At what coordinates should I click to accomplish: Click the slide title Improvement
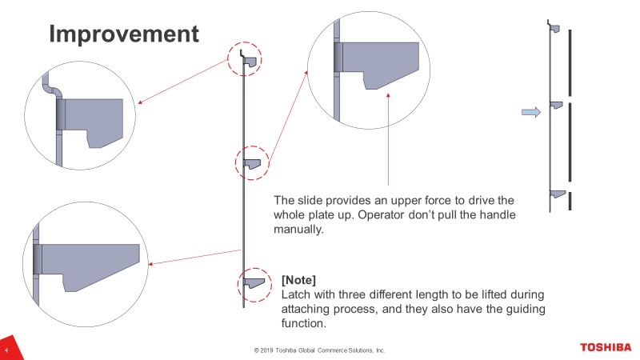click(124, 34)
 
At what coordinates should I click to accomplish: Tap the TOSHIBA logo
click(606, 347)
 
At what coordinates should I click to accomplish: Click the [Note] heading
click(298, 280)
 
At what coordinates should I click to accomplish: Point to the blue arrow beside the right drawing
click(531, 112)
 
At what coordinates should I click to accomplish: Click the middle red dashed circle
click(235, 163)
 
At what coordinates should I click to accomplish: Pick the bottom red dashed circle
click(238, 285)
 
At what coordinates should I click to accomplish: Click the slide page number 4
click(6, 350)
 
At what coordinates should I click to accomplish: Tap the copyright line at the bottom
click(319, 350)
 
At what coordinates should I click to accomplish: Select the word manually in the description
click(298, 230)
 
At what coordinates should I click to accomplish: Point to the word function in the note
click(303, 323)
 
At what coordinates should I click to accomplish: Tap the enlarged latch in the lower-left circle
click(88, 263)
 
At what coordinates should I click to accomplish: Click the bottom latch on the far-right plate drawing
click(558, 194)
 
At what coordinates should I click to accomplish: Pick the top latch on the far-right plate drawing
click(555, 29)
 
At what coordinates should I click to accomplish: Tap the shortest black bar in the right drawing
click(570, 202)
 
